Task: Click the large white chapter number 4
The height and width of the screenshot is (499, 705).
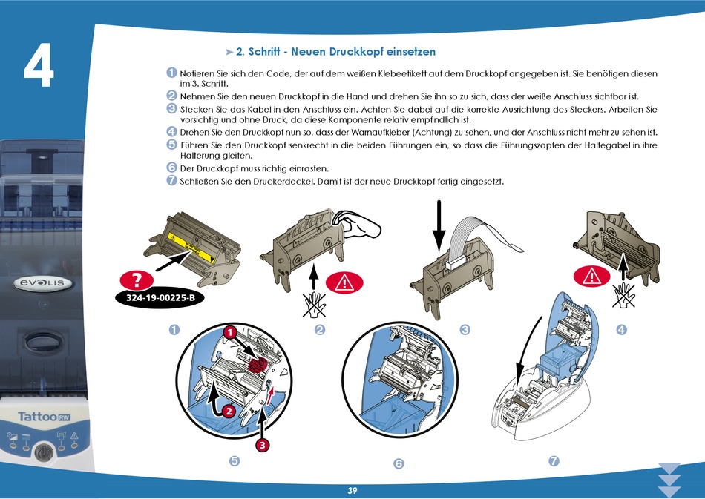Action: click(x=39, y=65)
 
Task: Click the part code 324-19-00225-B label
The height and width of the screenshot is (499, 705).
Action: click(x=160, y=298)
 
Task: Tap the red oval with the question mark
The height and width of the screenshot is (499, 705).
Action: click(x=137, y=280)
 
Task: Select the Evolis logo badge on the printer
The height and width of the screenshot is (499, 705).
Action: click(x=42, y=283)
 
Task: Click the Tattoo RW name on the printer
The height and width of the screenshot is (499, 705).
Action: click(x=44, y=417)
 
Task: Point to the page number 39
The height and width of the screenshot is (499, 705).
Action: click(x=352, y=490)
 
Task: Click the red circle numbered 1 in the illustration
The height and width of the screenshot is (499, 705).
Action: click(x=230, y=333)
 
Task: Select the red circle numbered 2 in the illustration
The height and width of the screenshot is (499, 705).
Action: click(x=229, y=411)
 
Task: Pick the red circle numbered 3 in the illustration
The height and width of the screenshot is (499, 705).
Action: click(x=263, y=445)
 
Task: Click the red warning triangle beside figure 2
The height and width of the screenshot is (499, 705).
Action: click(x=344, y=282)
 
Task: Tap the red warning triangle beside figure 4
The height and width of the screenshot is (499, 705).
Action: click(x=591, y=277)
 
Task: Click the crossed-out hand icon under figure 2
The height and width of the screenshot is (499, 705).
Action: click(x=315, y=305)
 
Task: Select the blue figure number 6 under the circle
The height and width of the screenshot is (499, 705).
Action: click(x=399, y=463)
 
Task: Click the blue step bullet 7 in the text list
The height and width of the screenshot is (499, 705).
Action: click(x=171, y=180)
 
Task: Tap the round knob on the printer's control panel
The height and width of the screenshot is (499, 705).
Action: click(x=44, y=452)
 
